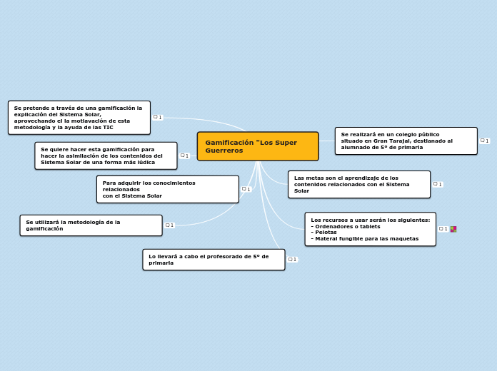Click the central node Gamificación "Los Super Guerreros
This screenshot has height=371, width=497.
pyautogui.click(x=258, y=146)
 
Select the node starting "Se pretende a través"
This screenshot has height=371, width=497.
pyautogui.click(x=79, y=118)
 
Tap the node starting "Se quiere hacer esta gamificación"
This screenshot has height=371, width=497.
pyautogui.click(x=106, y=156)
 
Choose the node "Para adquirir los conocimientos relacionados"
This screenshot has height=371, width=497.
pyautogui.click(x=167, y=189)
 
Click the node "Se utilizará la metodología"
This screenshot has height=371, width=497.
pyautogui.click(x=91, y=225)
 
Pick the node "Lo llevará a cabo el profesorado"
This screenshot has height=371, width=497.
pyautogui.click(x=214, y=260)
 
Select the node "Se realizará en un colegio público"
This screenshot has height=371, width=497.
pyautogui.click(x=406, y=141)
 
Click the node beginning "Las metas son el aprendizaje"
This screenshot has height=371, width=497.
pyautogui.click(x=359, y=184)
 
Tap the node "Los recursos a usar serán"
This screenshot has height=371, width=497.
pyautogui.click(x=370, y=229)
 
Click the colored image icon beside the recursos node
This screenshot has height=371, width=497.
pyautogui.click(x=453, y=229)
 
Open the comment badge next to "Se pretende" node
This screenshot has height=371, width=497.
pyautogui.click(x=158, y=117)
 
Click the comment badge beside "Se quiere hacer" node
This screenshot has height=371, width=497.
pyautogui.click(x=184, y=156)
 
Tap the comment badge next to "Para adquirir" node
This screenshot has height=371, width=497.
pyautogui.click(x=246, y=189)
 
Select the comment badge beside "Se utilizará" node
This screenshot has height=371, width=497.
pyautogui.click(x=169, y=225)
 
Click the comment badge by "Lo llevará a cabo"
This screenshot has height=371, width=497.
pyautogui.click(x=292, y=260)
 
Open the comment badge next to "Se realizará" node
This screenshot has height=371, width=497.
pyautogui.click(x=485, y=141)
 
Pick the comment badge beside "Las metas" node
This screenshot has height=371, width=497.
pyautogui.click(x=438, y=184)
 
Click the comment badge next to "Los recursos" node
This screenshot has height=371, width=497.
pyautogui.click(x=443, y=229)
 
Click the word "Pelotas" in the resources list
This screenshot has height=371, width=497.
pyautogui.click(x=326, y=233)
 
